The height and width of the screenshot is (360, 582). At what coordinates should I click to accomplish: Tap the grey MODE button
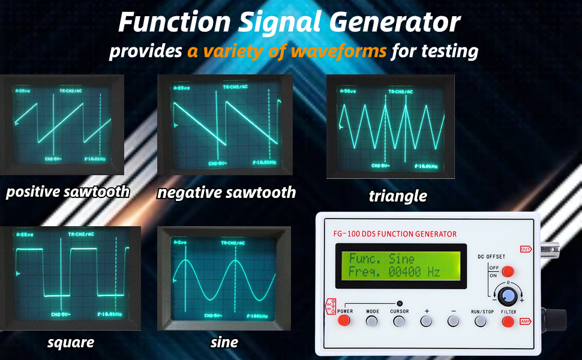point(373,321)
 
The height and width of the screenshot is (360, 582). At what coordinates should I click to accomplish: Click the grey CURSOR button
point(400,321)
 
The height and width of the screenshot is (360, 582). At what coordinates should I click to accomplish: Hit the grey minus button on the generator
point(453,321)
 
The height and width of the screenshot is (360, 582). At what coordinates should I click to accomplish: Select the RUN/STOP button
point(480,321)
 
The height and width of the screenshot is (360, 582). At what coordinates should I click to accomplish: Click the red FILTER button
point(508,321)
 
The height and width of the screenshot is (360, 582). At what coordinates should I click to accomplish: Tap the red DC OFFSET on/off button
point(508,271)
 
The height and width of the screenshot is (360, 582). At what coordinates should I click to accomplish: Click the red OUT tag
point(526,248)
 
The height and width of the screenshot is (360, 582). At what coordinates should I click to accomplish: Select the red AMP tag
point(526,321)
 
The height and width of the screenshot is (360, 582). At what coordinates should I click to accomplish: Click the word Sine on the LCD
point(401,259)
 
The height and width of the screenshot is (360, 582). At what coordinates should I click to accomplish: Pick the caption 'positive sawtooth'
point(67,192)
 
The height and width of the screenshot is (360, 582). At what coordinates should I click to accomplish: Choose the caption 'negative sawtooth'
point(226,193)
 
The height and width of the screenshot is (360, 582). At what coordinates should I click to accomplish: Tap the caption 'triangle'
point(398,196)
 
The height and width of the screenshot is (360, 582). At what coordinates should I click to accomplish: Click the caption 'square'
point(71,343)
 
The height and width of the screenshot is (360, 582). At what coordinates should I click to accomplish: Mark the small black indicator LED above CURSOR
point(400,304)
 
